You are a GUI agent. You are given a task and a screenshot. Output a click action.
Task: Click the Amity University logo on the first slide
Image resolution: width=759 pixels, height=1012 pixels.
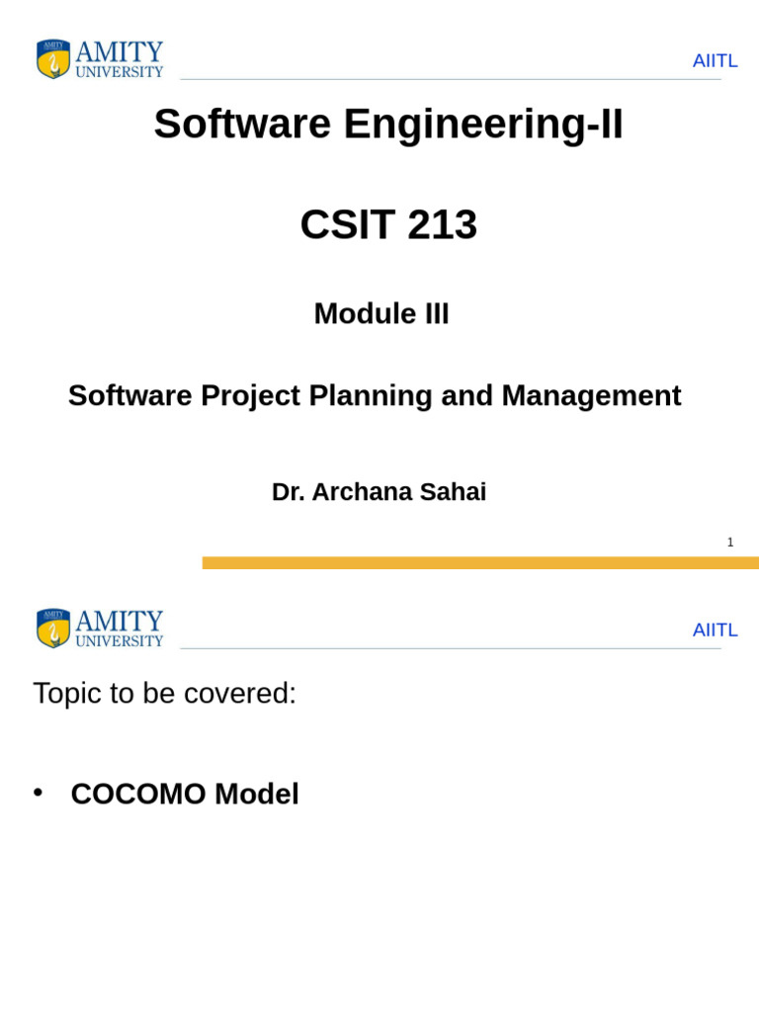click(x=99, y=59)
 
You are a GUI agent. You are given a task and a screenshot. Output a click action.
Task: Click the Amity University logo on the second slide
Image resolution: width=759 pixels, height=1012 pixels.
click(x=99, y=629)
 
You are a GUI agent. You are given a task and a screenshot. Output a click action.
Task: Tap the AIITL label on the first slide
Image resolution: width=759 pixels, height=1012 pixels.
click(x=715, y=61)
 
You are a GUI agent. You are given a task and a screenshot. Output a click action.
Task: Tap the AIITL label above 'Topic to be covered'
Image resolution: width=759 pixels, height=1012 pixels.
click(x=715, y=631)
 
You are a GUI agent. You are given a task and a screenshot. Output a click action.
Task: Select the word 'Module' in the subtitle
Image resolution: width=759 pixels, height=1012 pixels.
click(x=357, y=314)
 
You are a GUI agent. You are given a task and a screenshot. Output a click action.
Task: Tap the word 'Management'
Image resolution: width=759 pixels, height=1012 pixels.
click(x=591, y=396)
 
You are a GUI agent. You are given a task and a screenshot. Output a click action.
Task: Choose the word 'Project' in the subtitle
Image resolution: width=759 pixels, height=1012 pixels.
click(x=251, y=396)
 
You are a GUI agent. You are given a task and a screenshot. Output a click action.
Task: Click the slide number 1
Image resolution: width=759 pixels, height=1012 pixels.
click(x=730, y=543)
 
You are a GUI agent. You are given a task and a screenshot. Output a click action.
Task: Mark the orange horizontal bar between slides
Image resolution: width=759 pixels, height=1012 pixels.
click(x=480, y=562)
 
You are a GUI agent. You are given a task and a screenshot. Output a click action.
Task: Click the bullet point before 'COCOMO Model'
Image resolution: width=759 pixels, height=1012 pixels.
click(x=39, y=792)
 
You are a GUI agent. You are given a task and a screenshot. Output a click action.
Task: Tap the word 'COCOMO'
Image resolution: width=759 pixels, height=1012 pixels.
click(x=138, y=795)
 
